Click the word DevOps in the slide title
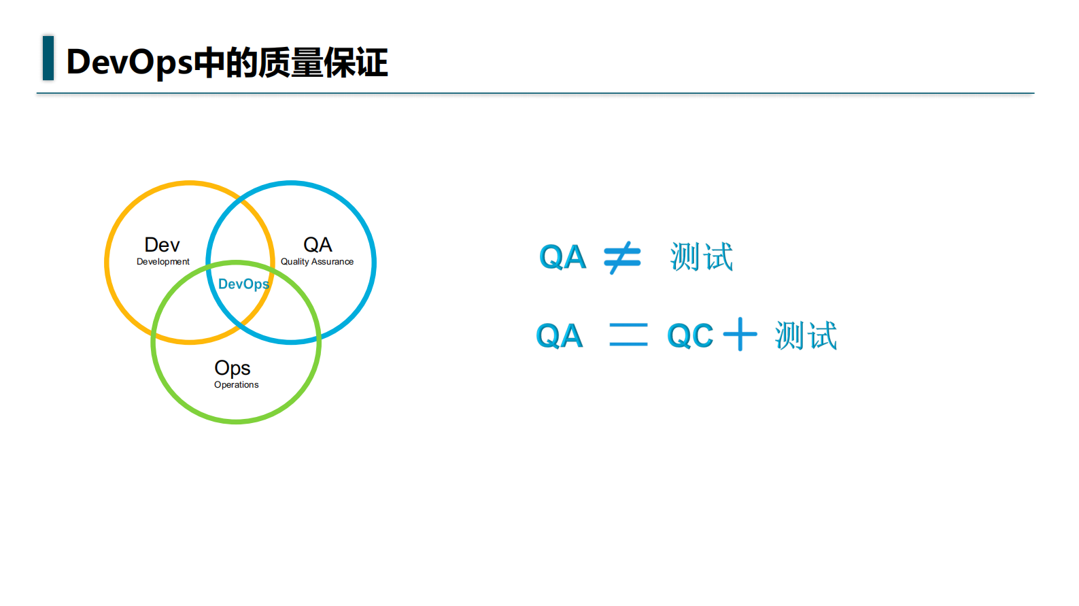[x=129, y=62]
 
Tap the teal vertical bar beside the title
[x=48, y=58]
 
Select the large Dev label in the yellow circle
[x=162, y=245]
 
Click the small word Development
[x=163, y=262]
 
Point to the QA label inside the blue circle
[x=318, y=245]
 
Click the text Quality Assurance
[x=317, y=262]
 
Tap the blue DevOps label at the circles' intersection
[x=243, y=284]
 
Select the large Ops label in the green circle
[x=233, y=368]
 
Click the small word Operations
[x=236, y=385]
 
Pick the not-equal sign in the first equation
[x=622, y=258]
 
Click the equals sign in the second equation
[x=628, y=335]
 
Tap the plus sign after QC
[x=740, y=335]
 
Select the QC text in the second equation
[x=689, y=335]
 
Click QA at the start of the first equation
[x=562, y=258]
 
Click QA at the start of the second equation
[x=559, y=336]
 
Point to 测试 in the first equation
[x=701, y=257]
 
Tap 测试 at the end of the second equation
[x=806, y=336]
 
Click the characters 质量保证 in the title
[x=323, y=63]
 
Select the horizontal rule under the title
[x=535, y=93]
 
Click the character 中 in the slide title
[x=209, y=63]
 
